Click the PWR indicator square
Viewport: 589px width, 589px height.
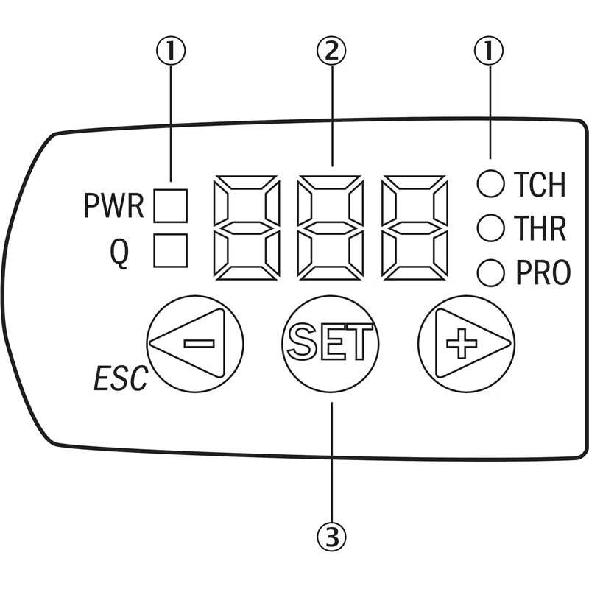tap(171, 206)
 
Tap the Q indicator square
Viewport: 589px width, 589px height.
tap(171, 250)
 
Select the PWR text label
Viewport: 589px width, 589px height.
tap(113, 206)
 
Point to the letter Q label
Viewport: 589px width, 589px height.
tap(119, 253)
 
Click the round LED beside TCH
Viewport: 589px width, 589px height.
tap(490, 183)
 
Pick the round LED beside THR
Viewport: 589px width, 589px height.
tap(490, 228)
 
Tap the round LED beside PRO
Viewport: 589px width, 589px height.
tap(490, 272)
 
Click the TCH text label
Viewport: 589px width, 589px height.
tap(540, 184)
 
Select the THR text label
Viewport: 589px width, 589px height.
tap(540, 228)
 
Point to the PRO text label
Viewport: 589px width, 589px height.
tap(543, 272)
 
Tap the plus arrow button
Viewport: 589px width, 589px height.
tap(466, 344)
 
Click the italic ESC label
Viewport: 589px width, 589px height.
tap(121, 378)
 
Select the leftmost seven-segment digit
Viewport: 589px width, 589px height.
tap(247, 228)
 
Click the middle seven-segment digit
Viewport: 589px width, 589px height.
tap(331, 228)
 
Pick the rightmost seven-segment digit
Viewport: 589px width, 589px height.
tap(415, 228)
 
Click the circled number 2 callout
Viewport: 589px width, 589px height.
tap(331, 51)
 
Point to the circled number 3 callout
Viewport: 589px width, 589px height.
tap(331, 537)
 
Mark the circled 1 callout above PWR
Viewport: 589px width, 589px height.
tap(171, 51)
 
